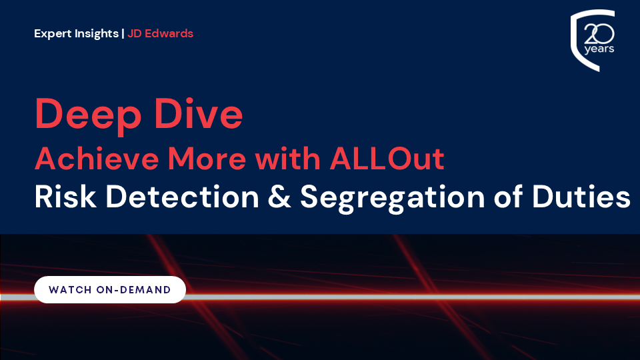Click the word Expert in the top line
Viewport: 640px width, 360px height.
click(53, 34)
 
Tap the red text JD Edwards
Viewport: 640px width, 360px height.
click(161, 33)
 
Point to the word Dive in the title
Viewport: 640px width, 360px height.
click(198, 113)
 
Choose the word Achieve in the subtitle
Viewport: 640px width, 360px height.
click(97, 159)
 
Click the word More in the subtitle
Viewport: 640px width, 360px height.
click(207, 159)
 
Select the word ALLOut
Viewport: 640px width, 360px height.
click(387, 159)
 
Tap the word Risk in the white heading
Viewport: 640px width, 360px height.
click(65, 197)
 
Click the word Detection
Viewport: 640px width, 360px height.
click(183, 197)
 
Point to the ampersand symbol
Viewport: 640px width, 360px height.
click(279, 197)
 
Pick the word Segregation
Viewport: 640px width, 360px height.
click(392, 199)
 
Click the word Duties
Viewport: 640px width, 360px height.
click(581, 197)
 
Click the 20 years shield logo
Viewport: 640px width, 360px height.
click(593, 40)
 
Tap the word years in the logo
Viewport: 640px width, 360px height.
click(599, 49)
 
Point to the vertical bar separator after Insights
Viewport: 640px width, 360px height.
click(123, 34)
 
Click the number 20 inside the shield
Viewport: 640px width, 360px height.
click(599, 34)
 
